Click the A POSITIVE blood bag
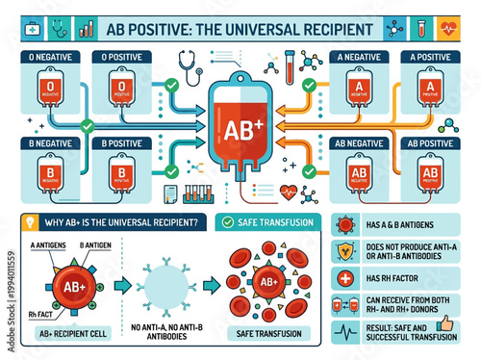[x=424, y=88]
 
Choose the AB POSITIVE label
[x=424, y=142]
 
